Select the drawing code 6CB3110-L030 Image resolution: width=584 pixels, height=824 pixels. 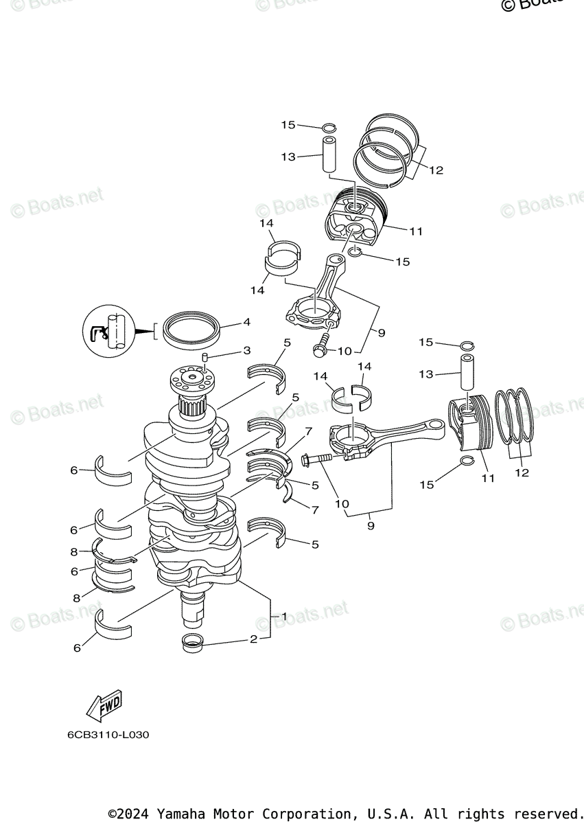[x=108, y=735]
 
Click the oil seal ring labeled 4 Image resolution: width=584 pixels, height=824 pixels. [x=191, y=328]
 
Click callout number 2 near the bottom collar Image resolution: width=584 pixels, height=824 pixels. [x=253, y=640]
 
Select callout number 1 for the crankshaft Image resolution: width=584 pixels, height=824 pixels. [x=282, y=616]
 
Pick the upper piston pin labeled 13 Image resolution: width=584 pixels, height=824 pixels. [x=329, y=157]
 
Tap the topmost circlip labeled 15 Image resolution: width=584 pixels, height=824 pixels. [x=329, y=127]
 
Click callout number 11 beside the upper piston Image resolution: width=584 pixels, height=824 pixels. [x=416, y=232]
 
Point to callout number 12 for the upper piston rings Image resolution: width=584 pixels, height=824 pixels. [x=436, y=170]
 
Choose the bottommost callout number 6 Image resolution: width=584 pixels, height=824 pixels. [x=76, y=648]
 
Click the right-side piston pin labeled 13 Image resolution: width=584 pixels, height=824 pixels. [x=467, y=374]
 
